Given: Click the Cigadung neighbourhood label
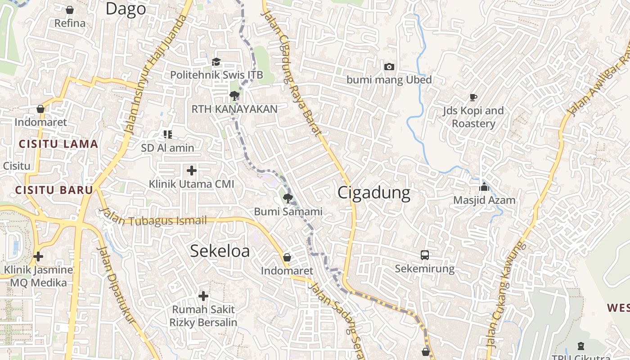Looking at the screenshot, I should coord(373,193).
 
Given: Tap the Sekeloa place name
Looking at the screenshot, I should coord(220,251).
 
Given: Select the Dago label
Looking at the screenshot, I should coord(126,9).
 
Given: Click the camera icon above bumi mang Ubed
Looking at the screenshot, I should coord(389,67).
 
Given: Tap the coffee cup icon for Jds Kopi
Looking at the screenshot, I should coord(473,97).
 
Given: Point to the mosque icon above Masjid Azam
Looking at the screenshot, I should coord(484,187).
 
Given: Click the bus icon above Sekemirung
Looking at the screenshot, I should coord(425,255).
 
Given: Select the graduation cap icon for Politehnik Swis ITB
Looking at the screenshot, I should coord(216,62).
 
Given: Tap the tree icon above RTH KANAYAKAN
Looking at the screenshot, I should coord(234,95).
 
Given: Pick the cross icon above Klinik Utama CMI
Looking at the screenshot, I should coord(192,171).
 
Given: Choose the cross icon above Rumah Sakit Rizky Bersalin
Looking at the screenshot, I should coord(203,296).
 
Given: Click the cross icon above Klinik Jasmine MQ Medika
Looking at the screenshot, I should coord(38,256).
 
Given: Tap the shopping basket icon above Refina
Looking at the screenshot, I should coord(70,9).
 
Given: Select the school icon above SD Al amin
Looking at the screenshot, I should coord(168,134).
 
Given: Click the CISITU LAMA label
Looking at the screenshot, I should coord(58,144).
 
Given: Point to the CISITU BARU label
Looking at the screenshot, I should coord(54,190).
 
